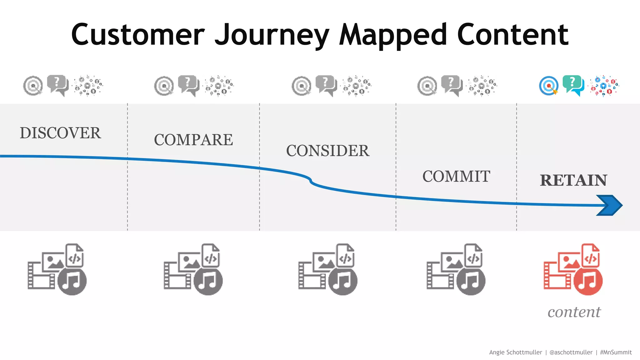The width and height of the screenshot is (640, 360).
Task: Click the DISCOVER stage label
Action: coord(60,133)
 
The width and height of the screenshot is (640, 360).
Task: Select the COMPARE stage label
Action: coord(193,140)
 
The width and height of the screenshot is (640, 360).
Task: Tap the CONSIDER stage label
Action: coord(327,151)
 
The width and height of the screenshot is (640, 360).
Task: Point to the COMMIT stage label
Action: coord(456,176)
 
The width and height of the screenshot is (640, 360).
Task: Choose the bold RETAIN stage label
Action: coord(573,180)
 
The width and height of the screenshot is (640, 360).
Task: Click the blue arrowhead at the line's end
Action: coord(609,205)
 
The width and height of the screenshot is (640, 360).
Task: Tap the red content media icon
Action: coord(573,269)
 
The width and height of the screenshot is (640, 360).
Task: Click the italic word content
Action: coord(574,312)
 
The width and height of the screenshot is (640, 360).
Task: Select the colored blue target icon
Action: coord(548,86)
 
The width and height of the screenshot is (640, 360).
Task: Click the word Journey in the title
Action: coord(272,35)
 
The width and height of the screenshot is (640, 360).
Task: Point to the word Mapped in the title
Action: coord(393,35)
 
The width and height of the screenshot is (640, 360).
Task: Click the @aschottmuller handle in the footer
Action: coord(571,352)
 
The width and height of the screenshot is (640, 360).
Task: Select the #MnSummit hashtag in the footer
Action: coord(616,352)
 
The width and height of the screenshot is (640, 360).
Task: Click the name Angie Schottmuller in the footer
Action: coord(515,352)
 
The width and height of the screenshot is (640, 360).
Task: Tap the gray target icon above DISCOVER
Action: coord(33,86)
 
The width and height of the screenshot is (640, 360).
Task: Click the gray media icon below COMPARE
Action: coord(193,269)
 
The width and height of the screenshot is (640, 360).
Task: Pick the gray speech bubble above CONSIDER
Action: coord(326,85)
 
